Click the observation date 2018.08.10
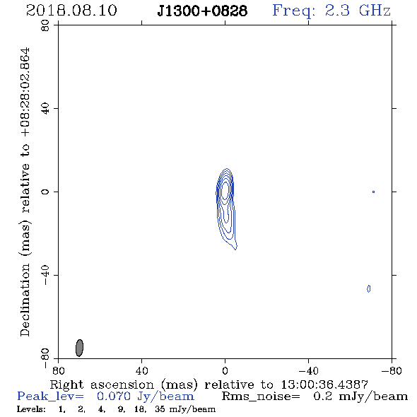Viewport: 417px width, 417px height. point(71,11)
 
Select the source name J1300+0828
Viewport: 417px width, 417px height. point(202,11)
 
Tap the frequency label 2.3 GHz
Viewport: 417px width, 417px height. point(358,11)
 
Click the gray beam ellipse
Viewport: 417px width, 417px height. point(79,348)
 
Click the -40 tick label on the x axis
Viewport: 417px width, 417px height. point(308,371)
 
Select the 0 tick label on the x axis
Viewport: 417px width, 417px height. point(225,371)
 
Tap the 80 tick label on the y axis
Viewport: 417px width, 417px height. point(45,25)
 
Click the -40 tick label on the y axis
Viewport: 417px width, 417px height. point(45,275)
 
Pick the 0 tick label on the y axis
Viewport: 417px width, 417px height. point(45,192)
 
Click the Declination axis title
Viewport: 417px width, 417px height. point(25,192)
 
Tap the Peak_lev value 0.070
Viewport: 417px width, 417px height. point(113,397)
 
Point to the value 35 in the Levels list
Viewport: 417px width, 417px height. point(160,409)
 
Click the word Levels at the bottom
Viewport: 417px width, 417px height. point(31,409)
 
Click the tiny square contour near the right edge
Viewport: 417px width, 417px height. point(373,192)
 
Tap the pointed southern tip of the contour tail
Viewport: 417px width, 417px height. point(235,249)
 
